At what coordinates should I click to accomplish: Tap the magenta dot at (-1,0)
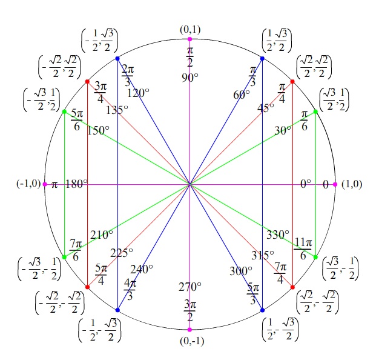(x=45, y=184)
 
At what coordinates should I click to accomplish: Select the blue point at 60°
(x=262, y=59)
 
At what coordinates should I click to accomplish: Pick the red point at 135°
(x=88, y=82)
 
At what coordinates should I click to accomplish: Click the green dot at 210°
(x=64, y=257)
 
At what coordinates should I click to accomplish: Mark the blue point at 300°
(x=262, y=310)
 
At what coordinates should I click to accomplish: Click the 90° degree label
(x=190, y=78)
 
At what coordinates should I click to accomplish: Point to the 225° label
(x=122, y=253)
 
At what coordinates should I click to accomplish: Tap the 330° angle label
(x=278, y=235)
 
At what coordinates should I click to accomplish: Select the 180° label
(x=77, y=184)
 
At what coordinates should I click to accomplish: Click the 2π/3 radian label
(x=128, y=75)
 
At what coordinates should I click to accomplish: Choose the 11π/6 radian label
(x=303, y=248)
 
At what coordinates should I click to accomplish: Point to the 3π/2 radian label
(x=189, y=311)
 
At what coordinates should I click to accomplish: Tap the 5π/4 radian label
(x=101, y=275)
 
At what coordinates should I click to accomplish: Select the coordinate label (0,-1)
(x=192, y=341)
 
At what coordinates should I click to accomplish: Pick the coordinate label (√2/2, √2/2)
(x=314, y=67)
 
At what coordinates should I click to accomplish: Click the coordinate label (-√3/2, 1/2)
(x=41, y=100)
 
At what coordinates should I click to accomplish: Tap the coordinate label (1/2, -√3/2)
(x=280, y=329)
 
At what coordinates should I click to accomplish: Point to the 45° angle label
(x=266, y=108)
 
